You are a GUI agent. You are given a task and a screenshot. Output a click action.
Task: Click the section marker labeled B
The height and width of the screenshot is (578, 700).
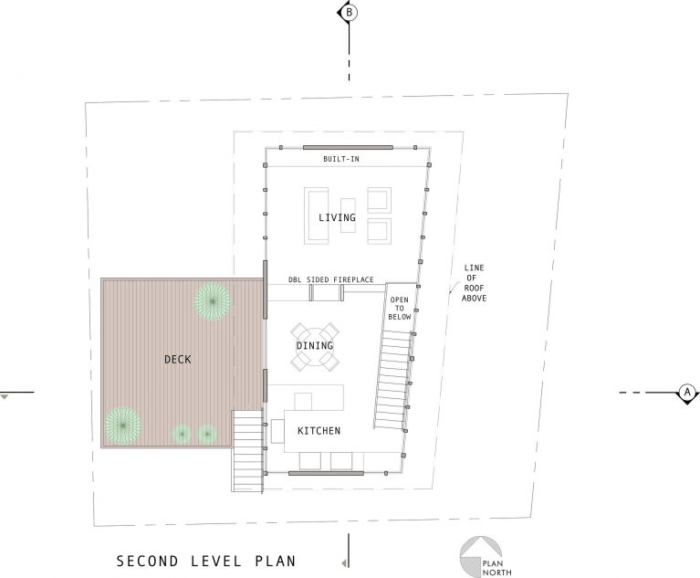point(348,13)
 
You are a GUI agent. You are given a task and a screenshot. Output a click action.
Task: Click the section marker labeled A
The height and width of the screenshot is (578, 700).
point(685,393)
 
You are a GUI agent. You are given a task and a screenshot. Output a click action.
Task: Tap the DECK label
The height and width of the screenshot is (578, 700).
point(178,359)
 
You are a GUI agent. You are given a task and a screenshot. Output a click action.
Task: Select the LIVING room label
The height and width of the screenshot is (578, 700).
point(337,217)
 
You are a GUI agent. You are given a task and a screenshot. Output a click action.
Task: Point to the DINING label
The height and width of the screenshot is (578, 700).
point(315,346)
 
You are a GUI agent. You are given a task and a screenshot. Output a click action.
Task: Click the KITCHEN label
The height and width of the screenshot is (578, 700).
point(319,430)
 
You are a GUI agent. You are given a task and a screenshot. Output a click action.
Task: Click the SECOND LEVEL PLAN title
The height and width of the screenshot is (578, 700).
point(206,561)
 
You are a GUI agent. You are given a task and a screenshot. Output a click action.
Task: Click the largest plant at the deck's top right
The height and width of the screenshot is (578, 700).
point(212,302)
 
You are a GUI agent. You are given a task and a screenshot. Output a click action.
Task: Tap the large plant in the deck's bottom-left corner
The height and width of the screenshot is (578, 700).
point(122,425)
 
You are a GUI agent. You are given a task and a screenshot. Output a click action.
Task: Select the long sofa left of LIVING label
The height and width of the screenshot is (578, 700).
point(317,216)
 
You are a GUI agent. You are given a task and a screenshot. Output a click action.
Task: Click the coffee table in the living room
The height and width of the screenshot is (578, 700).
point(348,213)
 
